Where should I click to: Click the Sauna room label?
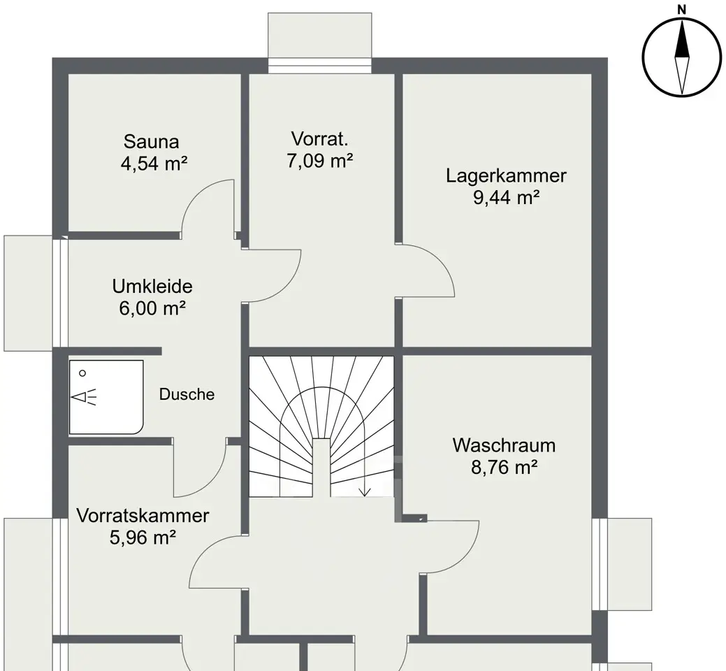(x=152, y=141)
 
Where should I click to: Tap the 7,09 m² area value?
(x=320, y=161)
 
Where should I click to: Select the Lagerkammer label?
(x=506, y=175)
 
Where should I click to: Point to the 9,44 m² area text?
(x=506, y=197)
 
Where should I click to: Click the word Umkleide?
(x=152, y=286)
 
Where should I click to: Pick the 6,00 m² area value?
(x=152, y=308)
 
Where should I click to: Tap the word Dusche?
(x=187, y=394)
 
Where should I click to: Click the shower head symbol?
(x=84, y=397)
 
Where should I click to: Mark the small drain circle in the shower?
(x=82, y=373)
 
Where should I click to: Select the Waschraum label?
(x=504, y=445)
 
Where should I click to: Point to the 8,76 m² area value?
(x=504, y=467)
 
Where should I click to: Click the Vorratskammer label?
(x=143, y=515)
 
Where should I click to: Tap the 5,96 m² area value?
(x=143, y=537)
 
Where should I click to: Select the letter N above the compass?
(x=681, y=9)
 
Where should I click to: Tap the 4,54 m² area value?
(x=154, y=164)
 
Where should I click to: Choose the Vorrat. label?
(x=319, y=139)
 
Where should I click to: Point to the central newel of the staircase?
(x=321, y=468)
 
